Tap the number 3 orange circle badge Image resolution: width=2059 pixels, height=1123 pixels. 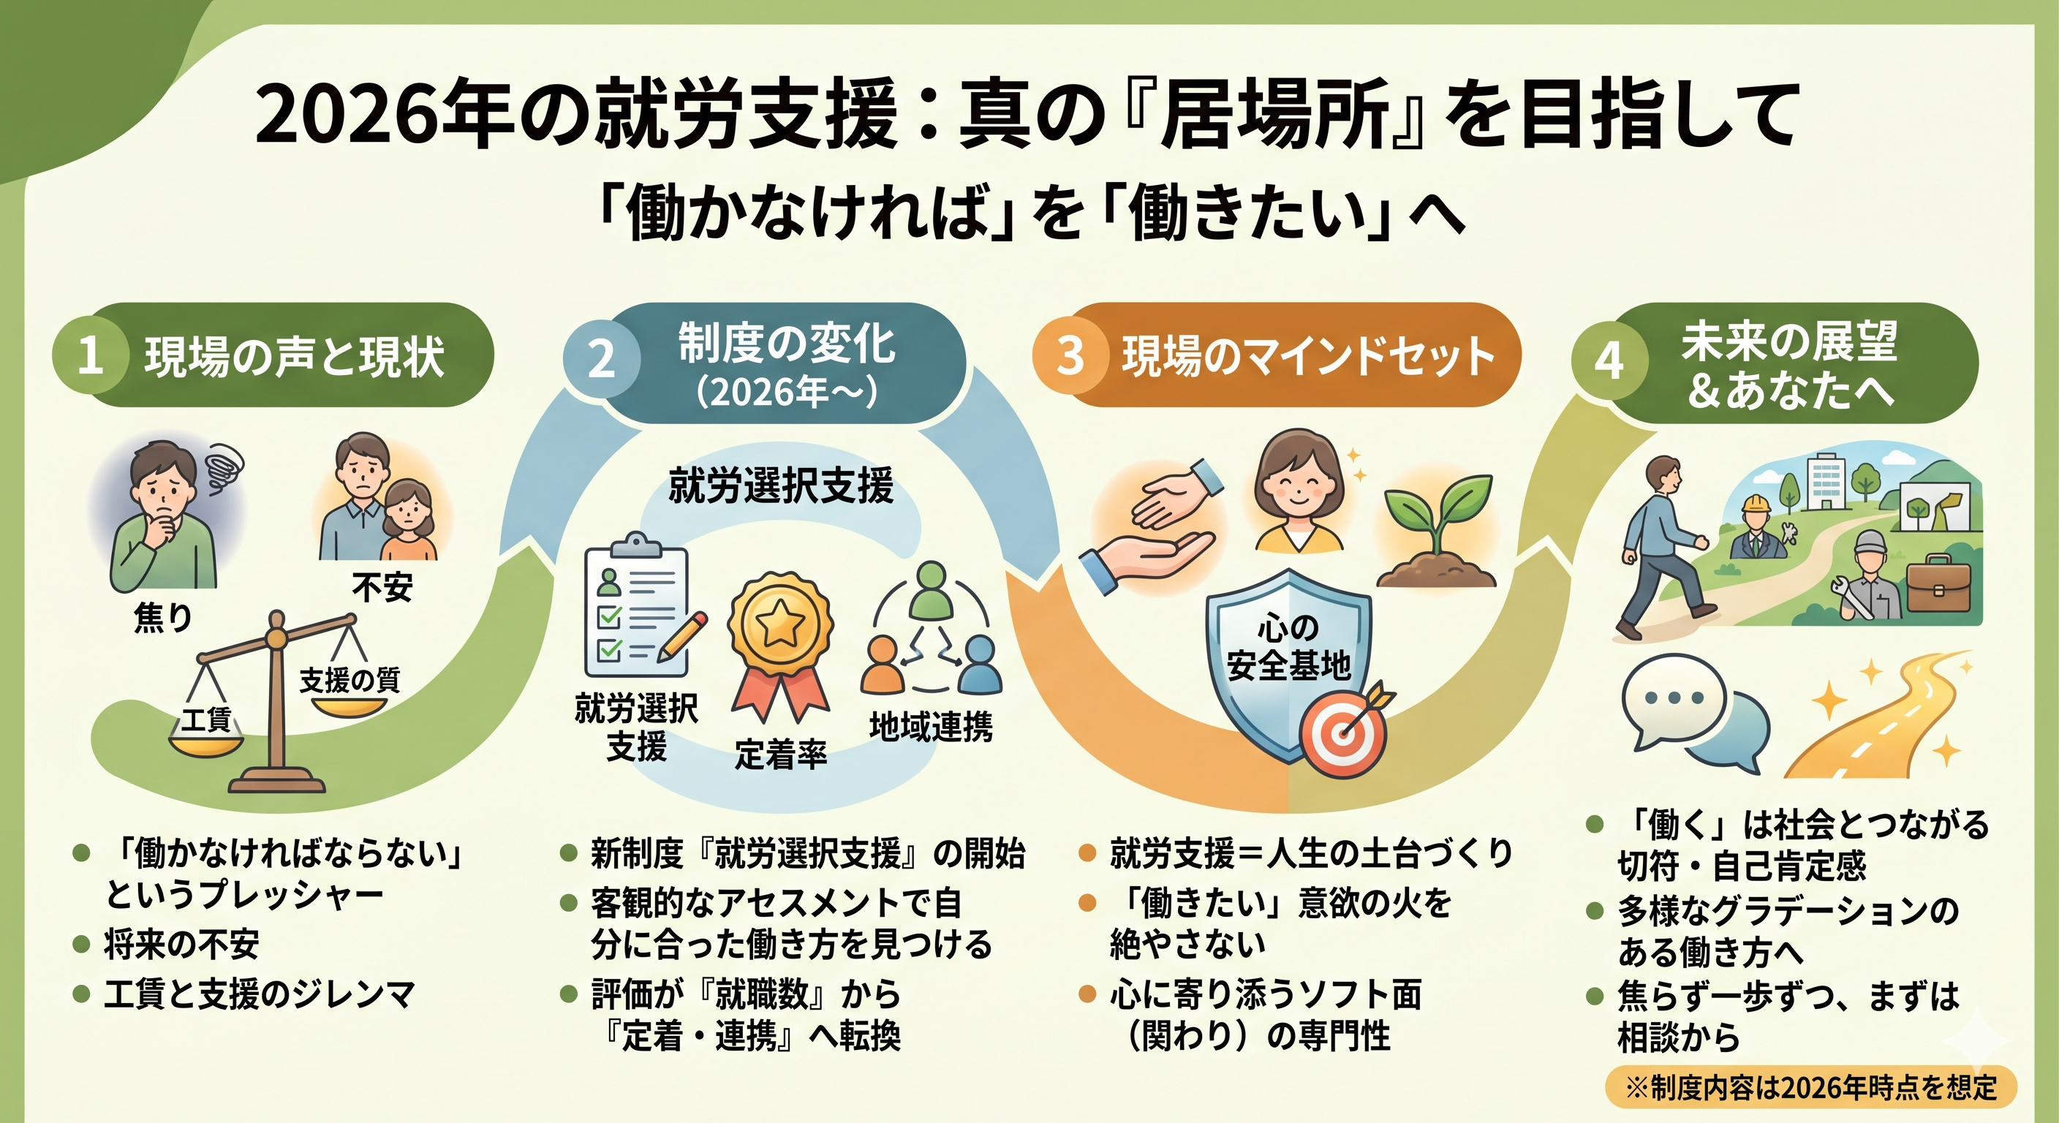click(1070, 355)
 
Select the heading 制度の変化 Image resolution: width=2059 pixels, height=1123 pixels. click(787, 343)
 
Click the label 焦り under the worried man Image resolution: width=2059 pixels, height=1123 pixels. click(163, 617)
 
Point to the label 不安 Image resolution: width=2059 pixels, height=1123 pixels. click(382, 589)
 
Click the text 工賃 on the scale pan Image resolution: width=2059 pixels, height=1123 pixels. click(205, 719)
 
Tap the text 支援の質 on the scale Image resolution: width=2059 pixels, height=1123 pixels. click(350, 680)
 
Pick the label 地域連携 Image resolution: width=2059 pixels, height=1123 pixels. click(932, 727)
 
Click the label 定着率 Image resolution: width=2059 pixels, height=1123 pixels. click(781, 754)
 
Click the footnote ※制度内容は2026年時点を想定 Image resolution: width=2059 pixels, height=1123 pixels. click(1811, 1087)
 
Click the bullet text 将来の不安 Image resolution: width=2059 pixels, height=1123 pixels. click(181, 945)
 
